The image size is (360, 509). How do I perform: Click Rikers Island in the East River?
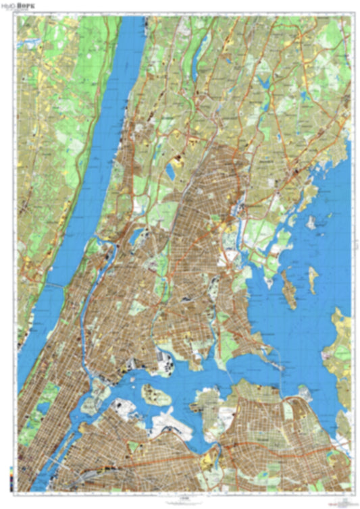pyautogui.click(x=156, y=394)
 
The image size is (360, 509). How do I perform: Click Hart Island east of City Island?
pyautogui.click(x=313, y=278)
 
